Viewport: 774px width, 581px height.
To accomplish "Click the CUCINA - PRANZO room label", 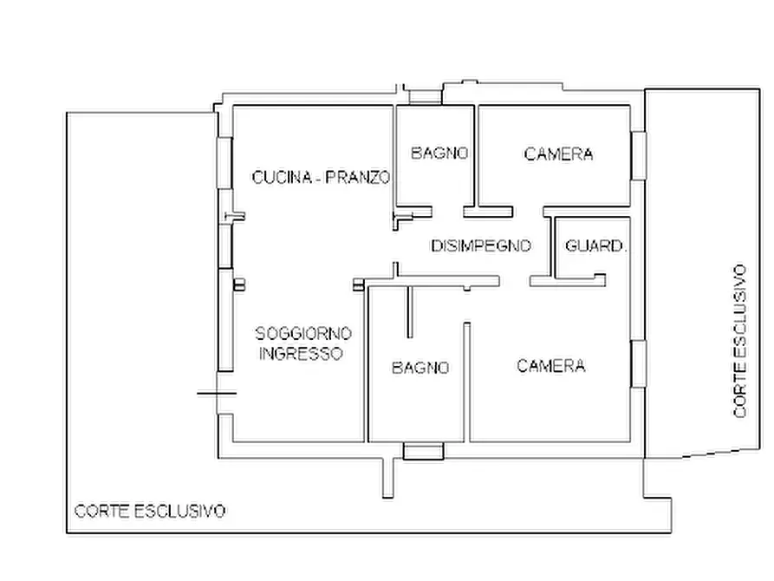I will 321,177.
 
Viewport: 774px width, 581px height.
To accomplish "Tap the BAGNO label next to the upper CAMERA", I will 439,153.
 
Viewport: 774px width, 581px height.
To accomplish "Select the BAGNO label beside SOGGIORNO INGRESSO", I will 420,368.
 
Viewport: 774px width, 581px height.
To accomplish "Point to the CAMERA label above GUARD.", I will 558,154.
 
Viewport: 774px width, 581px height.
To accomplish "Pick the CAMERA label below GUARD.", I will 550,366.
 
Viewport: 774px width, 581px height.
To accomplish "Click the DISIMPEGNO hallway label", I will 480,246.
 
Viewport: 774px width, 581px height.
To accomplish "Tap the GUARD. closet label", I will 595,246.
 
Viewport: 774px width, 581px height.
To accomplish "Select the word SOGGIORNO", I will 303,334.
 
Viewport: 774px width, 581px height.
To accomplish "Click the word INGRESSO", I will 302,354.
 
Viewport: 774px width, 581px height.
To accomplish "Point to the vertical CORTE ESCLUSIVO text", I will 739,341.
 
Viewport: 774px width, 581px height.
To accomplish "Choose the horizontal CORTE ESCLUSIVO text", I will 150,511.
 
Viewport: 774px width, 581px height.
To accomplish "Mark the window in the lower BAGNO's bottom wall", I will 423,451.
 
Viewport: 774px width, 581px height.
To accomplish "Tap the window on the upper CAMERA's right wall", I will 639,155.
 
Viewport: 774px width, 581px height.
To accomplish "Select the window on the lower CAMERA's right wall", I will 639,364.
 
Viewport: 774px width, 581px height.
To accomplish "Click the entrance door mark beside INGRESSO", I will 217,393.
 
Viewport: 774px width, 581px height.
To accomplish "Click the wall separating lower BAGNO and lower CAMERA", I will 466,382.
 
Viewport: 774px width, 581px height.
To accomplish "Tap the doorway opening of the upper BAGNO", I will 447,211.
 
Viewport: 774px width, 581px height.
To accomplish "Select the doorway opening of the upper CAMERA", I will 527,211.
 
